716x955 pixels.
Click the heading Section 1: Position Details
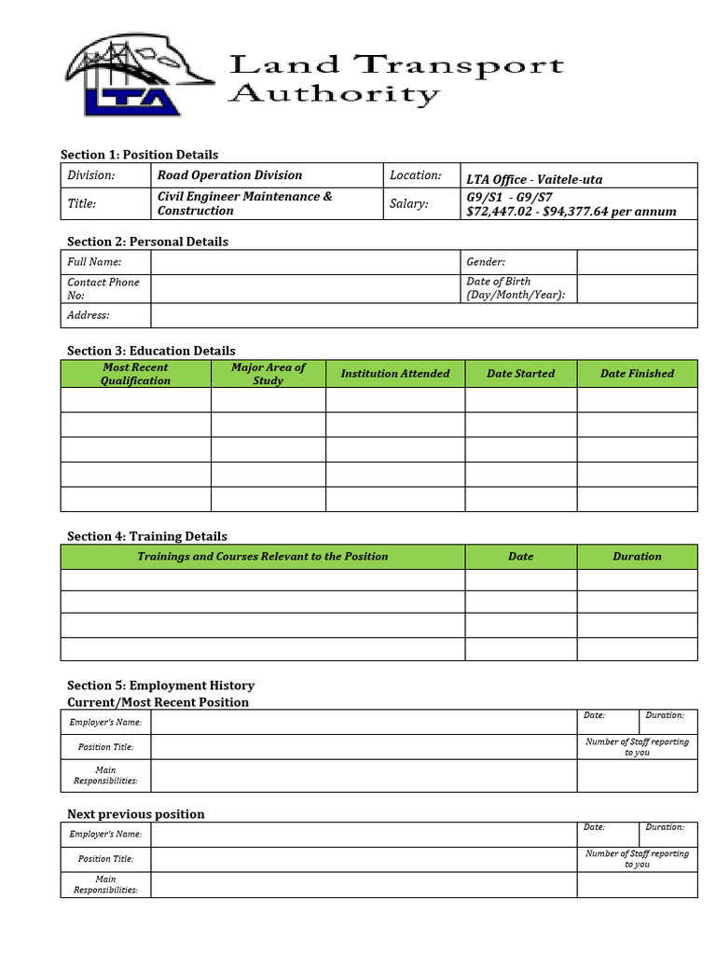coord(139,155)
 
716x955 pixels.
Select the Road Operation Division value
coord(229,175)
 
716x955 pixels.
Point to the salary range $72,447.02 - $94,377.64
coord(571,212)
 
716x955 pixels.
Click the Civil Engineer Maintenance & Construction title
coord(244,203)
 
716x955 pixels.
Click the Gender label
coord(486,263)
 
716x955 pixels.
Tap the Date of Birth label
coord(516,288)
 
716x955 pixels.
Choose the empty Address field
coord(424,315)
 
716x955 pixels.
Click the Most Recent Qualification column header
coord(136,374)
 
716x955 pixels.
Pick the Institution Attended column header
coord(395,374)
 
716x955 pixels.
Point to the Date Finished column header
coord(637,374)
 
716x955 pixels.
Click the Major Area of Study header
coord(268,374)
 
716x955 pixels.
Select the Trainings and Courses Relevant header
coord(263,557)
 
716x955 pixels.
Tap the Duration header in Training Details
coord(637,557)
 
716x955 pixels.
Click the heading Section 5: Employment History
coord(160,685)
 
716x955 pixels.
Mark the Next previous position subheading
coord(136,814)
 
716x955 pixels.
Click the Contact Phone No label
coord(103,288)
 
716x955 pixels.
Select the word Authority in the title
coord(334,95)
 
